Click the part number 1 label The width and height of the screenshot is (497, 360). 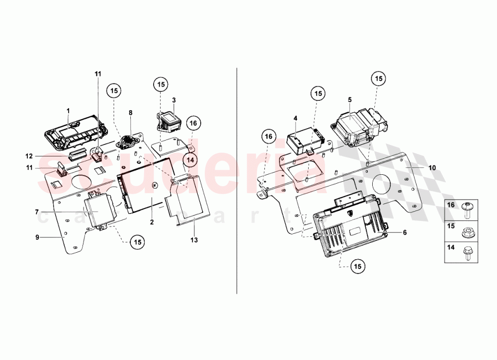[x=69, y=110]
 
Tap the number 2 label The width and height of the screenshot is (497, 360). [x=152, y=222]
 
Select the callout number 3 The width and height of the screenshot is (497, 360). [x=174, y=100]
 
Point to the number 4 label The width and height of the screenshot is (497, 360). [x=295, y=118]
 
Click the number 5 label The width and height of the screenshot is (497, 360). [x=349, y=100]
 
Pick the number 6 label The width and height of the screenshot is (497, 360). [x=405, y=232]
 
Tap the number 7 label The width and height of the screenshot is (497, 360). [x=37, y=212]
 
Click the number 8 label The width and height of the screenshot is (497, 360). [x=131, y=113]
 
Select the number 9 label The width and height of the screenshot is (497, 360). [x=37, y=237]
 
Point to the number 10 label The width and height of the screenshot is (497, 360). [x=432, y=168]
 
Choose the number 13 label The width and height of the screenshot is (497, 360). [x=194, y=240]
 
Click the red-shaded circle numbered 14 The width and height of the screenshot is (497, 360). [x=189, y=159]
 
